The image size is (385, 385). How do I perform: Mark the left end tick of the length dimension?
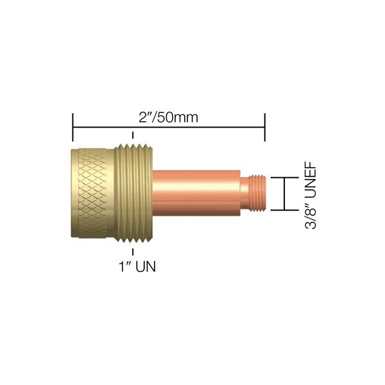click(73, 128)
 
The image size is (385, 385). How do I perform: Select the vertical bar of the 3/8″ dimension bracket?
click(282, 194)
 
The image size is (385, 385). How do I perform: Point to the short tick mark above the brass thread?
click(133, 137)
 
